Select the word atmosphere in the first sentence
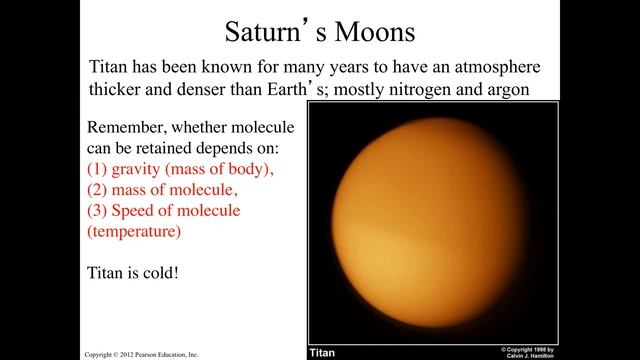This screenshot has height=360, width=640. click(497, 67)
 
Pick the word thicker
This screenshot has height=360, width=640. click(119, 92)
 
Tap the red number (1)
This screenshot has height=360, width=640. click(101, 169)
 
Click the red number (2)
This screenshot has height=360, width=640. click(101, 190)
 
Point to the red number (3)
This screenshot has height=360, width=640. click(101, 211)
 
